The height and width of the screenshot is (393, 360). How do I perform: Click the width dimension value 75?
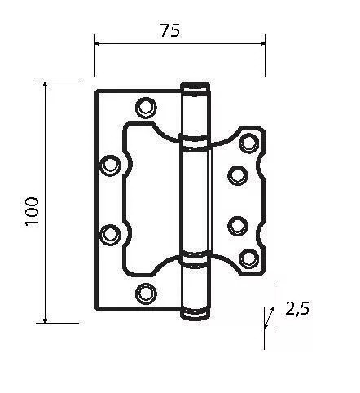point(169,30)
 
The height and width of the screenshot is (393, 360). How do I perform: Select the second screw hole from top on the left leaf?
point(109,166)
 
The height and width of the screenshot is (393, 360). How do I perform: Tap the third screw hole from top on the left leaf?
point(109,234)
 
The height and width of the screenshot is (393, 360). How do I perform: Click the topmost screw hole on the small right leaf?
point(249,144)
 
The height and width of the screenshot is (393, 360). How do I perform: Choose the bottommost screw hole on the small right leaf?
point(249,258)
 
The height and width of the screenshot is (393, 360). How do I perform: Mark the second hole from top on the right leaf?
point(237,173)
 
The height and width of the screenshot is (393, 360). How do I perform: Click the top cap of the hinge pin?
point(194,87)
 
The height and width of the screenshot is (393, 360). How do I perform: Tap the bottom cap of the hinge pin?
point(194,311)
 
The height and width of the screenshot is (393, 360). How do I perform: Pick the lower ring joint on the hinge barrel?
point(194,259)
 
